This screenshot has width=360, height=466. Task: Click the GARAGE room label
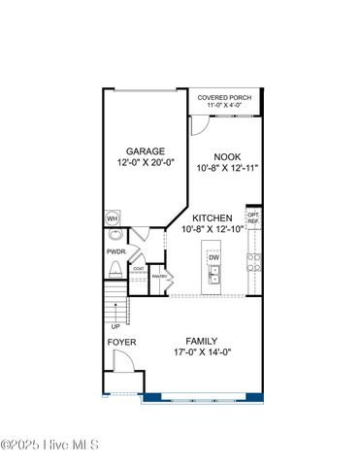[145, 150]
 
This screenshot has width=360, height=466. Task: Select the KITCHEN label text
[213, 217]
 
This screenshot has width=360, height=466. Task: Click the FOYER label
[121, 343]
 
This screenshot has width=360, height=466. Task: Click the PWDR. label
[117, 250]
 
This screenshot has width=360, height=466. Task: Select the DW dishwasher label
[213, 257]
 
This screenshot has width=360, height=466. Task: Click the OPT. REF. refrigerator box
[253, 218]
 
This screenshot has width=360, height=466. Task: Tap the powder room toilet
[115, 271]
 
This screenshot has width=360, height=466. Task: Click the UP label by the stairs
[116, 326]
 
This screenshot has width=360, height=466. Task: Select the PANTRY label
[160, 277]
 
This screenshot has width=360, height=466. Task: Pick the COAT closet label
[139, 268]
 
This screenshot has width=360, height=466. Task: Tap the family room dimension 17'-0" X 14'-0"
[202, 352]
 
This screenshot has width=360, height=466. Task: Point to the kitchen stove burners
[253, 260]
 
